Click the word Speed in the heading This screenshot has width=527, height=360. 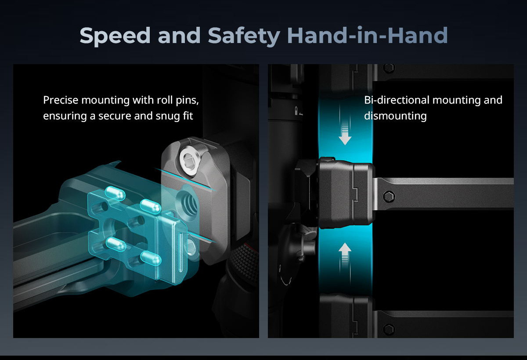[x=115, y=36]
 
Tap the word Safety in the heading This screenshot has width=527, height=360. [x=244, y=36]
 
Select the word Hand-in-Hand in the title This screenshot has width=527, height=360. [x=367, y=35]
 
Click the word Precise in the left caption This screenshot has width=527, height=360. [x=61, y=100]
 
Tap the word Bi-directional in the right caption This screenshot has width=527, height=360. [x=397, y=100]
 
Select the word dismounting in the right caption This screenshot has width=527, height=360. [x=395, y=116]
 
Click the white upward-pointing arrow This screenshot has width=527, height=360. [x=345, y=255]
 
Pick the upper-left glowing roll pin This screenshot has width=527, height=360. [x=115, y=193]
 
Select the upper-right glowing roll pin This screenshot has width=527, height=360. [x=151, y=206]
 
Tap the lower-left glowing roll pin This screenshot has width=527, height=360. [x=116, y=245]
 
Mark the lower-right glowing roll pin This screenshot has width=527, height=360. [x=151, y=258]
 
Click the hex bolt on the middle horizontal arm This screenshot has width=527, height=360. [x=389, y=197]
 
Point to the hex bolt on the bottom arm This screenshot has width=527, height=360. [x=389, y=329]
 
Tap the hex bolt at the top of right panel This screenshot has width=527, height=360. [x=389, y=68]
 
